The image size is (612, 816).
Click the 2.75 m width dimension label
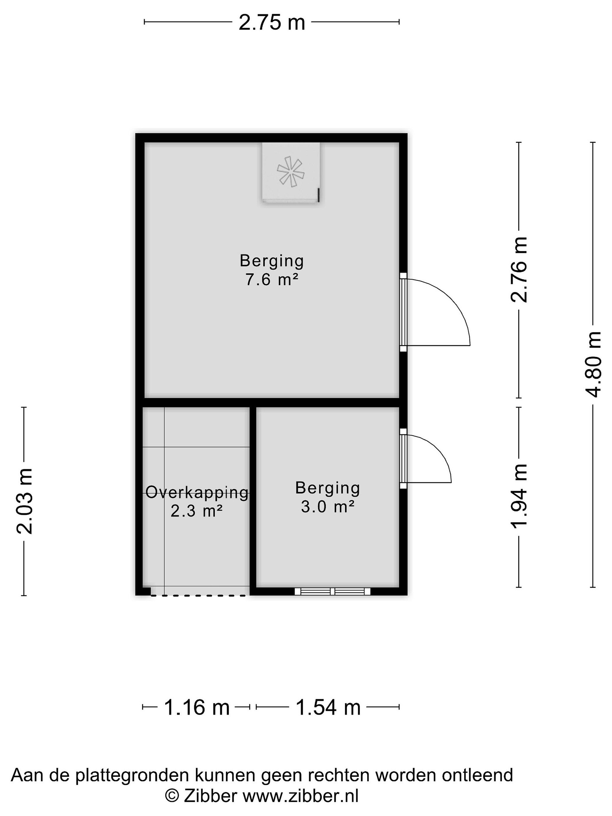(272, 22)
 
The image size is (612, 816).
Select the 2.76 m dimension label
(519, 270)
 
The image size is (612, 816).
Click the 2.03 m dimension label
(24, 501)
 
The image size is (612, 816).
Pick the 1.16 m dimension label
(196, 707)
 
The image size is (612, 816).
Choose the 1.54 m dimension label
(328, 707)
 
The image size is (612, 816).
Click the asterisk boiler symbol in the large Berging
(291, 171)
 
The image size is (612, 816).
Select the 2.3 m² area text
(196, 511)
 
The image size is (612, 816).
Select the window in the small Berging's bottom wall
(332, 591)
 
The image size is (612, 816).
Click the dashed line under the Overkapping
(198, 595)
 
